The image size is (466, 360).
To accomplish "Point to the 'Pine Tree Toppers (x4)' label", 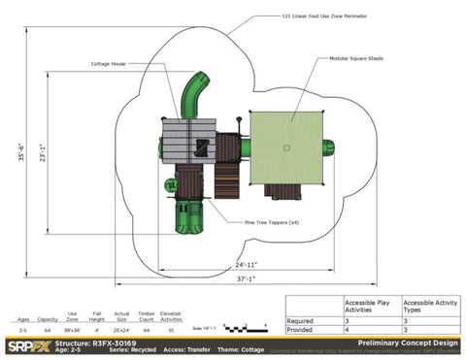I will coord(251,222).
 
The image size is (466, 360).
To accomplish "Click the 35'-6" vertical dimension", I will coord(22,152).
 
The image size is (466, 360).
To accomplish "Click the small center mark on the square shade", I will coord(286,147).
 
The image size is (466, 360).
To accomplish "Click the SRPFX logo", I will coord(26,344).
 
